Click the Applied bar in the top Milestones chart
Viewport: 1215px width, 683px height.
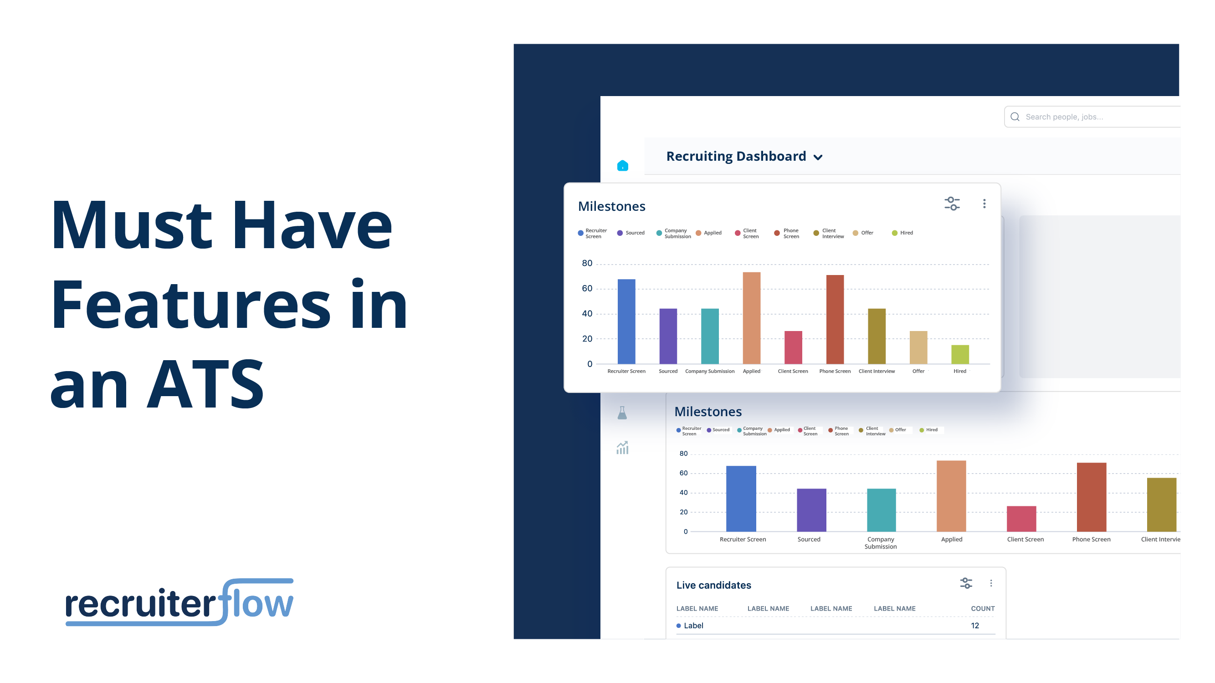[x=751, y=318]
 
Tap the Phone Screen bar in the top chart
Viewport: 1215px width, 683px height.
[x=835, y=320]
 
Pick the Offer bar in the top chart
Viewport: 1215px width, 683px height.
[x=918, y=347]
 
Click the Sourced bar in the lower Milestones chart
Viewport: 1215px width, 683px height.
[x=811, y=510]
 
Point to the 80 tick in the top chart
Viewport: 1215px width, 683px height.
[x=587, y=264]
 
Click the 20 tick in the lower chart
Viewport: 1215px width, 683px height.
[x=683, y=512]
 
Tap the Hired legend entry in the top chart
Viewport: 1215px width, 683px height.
[x=902, y=233]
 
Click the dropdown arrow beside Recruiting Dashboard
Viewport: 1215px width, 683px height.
[x=818, y=158]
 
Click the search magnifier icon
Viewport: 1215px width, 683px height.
[x=1015, y=117]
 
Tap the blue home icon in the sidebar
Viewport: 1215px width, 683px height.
[x=623, y=165]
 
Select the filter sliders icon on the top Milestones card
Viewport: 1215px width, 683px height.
[x=952, y=204]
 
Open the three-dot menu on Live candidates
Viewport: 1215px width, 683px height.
[x=991, y=584]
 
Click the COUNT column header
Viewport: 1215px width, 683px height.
[x=983, y=608]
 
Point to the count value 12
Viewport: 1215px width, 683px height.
[x=975, y=626]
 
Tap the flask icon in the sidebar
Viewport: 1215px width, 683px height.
[x=622, y=413]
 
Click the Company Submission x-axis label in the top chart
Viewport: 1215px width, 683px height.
[x=709, y=372]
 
